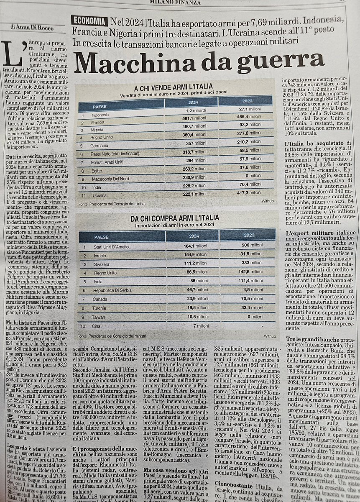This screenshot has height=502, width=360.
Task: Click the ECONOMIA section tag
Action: pos(88,20)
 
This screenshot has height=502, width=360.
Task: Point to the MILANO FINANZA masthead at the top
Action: pos(176,3)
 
